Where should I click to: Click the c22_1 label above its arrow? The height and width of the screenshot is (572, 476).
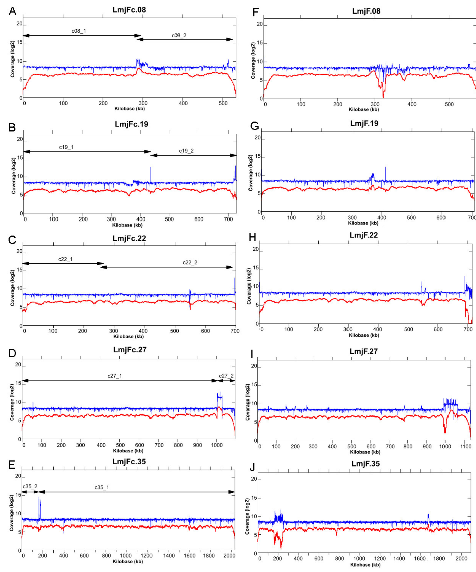tap(65, 259)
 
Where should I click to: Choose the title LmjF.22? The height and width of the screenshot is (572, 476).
tap(364, 235)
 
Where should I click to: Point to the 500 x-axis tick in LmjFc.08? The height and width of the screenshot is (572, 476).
tap(223, 103)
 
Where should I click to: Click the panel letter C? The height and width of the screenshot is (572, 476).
tap(12, 240)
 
